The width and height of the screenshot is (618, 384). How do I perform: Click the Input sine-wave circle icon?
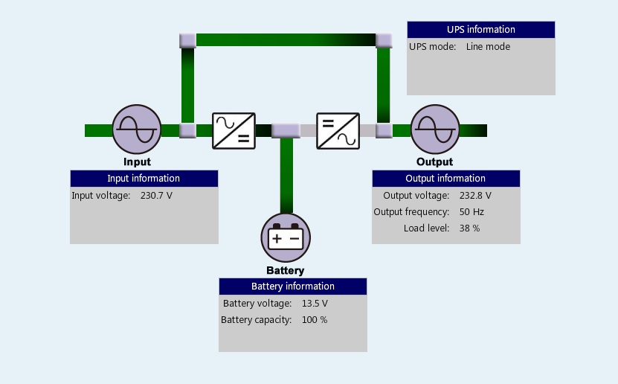137,130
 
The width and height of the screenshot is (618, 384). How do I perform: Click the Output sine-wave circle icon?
435,130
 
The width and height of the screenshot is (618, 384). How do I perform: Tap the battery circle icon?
286,238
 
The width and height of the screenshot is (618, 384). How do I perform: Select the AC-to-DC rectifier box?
234,131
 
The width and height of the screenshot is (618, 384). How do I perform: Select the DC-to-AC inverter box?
338,131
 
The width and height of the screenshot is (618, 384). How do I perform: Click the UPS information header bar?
480,30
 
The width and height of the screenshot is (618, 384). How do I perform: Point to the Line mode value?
488,47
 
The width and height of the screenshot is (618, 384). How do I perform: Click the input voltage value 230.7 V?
156,196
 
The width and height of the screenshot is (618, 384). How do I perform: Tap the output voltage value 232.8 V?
475,196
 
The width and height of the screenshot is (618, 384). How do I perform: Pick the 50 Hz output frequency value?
471,212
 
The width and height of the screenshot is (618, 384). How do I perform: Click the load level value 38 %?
469,228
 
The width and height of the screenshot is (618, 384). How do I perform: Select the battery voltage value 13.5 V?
315,304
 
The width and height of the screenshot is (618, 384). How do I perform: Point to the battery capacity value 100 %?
315,320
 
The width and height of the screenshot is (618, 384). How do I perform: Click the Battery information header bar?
292,287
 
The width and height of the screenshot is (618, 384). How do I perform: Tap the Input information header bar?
144,179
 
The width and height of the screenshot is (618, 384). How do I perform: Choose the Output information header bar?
445,179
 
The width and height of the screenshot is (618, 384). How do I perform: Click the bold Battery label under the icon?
286,270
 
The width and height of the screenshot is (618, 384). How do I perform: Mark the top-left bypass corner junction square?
187,39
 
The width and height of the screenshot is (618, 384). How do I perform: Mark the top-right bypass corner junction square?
384,39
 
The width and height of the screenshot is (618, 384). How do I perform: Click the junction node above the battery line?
286,131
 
